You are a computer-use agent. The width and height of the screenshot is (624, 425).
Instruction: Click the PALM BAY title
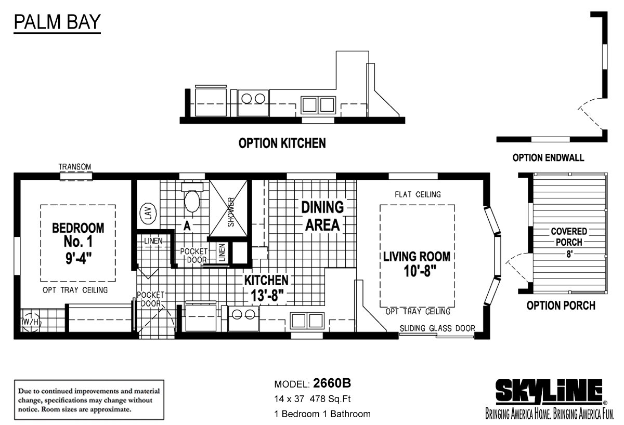point(57,22)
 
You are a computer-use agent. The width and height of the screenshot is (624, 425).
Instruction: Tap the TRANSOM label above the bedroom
point(75,167)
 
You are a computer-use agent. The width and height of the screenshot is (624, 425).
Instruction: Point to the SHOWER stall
point(228,208)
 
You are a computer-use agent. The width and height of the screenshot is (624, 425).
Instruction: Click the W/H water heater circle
point(31,322)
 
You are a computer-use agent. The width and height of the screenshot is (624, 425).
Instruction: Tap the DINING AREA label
point(322,216)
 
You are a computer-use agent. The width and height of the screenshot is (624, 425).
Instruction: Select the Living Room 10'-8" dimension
point(420,271)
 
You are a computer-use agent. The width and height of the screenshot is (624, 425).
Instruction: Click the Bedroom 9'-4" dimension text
point(79,258)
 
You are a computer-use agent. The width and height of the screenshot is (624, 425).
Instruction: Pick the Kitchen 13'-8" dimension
point(267,296)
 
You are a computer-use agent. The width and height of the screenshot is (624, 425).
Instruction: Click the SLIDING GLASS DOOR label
point(437,328)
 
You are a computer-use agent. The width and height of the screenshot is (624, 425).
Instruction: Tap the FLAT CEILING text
point(418,194)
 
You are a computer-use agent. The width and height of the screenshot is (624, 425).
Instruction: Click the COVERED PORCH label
point(569,236)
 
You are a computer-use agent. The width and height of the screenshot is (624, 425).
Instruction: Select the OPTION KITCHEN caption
point(282,143)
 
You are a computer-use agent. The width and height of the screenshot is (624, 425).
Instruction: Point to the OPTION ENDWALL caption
point(548,158)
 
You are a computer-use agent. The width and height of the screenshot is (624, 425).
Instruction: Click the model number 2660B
point(332,383)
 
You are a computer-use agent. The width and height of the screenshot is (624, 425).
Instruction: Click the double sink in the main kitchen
point(307,321)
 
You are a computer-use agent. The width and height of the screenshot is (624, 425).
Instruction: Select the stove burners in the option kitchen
point(253,99)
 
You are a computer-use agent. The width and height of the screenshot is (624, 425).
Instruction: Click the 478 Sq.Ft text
point(330,399)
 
